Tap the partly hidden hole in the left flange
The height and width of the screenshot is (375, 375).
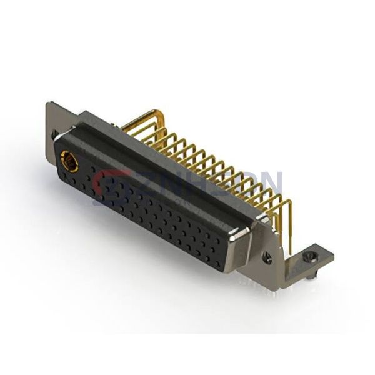55,134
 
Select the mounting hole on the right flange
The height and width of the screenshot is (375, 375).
268,256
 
